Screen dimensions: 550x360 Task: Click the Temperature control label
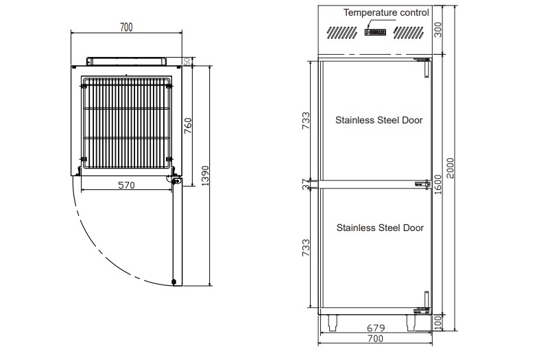386,12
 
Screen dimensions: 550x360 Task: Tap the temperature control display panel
376,32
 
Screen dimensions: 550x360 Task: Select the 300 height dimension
438,29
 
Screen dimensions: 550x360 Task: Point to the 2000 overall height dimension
450,168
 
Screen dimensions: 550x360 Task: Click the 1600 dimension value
438,185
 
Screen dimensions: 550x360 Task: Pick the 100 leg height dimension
438,322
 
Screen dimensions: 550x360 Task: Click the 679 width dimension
376,328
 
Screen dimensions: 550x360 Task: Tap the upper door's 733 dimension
307,121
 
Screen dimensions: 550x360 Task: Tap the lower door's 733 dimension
307,248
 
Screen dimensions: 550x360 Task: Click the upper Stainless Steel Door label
379,121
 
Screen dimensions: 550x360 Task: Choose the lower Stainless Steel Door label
380,228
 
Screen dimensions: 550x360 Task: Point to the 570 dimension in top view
126,185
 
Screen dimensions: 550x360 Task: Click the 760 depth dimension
189,125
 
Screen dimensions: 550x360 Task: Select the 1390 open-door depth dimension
205,176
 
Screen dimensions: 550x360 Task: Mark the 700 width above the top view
126,27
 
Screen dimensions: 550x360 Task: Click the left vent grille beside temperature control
342,33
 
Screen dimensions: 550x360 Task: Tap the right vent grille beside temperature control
408,33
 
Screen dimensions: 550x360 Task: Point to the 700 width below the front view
376,339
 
